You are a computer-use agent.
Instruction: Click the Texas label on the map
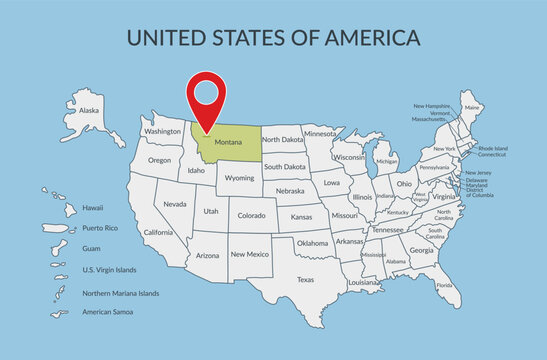click(x=306, y=279)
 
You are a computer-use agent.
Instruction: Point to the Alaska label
click(x=89, y=110)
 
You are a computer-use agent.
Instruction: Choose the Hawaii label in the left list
click(x=93, y=208)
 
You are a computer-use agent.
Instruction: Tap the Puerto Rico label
click(x=99, y=228)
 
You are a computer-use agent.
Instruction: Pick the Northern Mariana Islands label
click(x=121, y=293)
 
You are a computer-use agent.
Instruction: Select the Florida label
click(x=444, y=285)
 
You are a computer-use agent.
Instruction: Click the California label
click(x=158, y=232)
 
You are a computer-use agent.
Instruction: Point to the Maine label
click(x=472, y=107)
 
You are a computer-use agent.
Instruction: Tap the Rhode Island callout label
click(x=493, y=149)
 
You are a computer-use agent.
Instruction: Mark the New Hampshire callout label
click(x=432, y=105)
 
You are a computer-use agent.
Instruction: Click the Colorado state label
click(x=251, y=214)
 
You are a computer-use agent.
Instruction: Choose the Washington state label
click(x=162, y=131)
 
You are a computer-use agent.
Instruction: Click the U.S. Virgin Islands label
click(x=109, y=270)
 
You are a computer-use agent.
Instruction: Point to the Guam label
click(x=91, y=248)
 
